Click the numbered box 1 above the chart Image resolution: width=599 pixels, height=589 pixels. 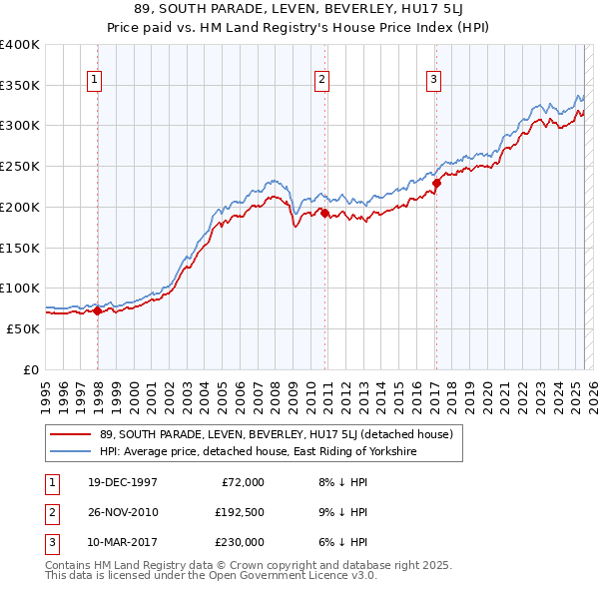coord(94,81)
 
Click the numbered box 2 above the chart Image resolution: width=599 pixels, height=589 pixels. coord(322,81)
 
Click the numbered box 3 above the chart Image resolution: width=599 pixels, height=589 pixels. coord(434,81)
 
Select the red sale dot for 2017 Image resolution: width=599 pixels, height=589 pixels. coord(436,183)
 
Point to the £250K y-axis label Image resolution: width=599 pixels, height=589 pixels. coord(20,166)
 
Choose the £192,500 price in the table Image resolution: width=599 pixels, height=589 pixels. coord(239,512)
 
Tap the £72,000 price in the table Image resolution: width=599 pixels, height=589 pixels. coord(243,482)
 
